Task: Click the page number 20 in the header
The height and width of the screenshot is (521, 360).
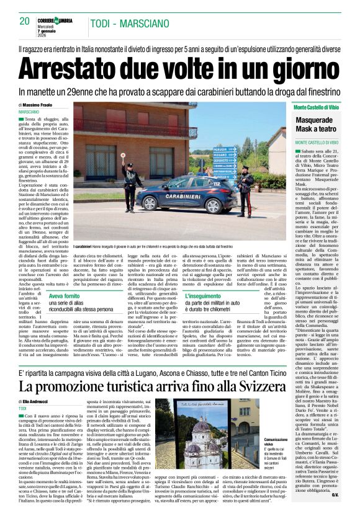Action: click(x=25, y=20)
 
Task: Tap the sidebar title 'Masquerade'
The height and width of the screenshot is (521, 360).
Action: click(x=314, y=119)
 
